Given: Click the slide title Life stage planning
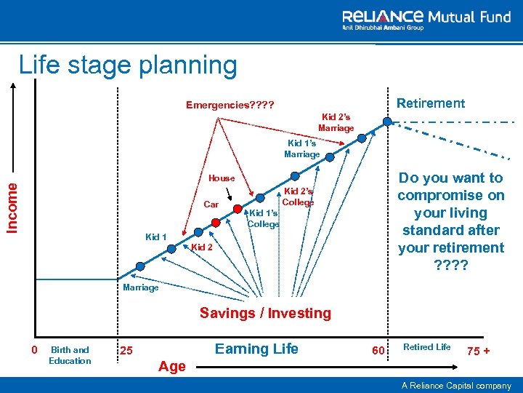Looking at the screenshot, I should (x=128, y=65).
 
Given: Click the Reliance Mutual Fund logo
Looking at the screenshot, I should (x=426, y=20).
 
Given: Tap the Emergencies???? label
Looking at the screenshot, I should (x=230, y=105).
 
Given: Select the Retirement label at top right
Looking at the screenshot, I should (x=431, y=103).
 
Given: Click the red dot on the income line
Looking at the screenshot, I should (x=216, y=222).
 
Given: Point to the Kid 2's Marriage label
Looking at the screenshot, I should (x=336, y=122).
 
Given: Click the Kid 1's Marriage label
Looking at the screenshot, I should (x=301, y=149).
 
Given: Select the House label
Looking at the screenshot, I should (x=222, y=178).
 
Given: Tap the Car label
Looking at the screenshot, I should (x=211, y=205).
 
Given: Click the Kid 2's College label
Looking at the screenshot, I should (x=299, y=196).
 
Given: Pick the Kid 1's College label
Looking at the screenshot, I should (x=263, y=218).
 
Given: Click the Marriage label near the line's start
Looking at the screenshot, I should (x=141, y=287).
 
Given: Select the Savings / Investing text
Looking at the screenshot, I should (x=265, y=314).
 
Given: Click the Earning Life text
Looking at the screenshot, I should (x=256, y=349).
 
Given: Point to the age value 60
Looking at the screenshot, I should (x=377, y=352).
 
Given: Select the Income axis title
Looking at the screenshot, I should (x=14, y=207).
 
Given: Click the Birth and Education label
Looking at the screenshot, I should (x=70, y=355).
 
